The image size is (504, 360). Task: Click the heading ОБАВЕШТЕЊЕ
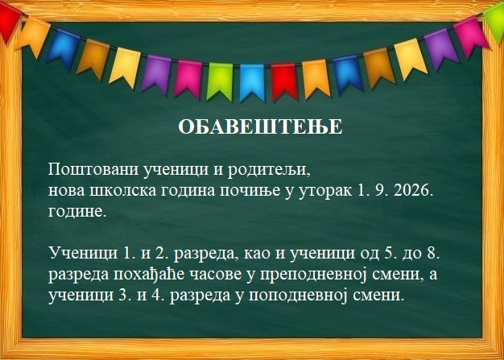point(260,127)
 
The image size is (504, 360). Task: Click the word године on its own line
point(77,213)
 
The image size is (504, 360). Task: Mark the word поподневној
point(298,296)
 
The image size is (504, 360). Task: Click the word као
point(256,254)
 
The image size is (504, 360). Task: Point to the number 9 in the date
point(380,191)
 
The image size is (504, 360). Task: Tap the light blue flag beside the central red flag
point(252,82)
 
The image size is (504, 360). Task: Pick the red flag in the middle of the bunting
point(285,81)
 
